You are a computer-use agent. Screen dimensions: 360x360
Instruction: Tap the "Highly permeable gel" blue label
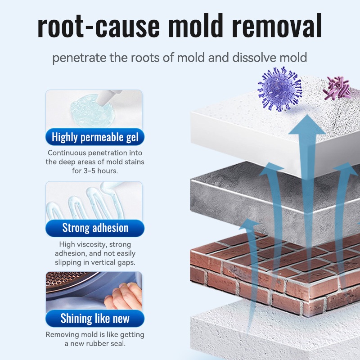click(95, 137)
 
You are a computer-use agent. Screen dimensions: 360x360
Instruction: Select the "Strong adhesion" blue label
click(95, 228)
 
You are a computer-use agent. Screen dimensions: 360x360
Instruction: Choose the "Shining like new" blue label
click(95, 319)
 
